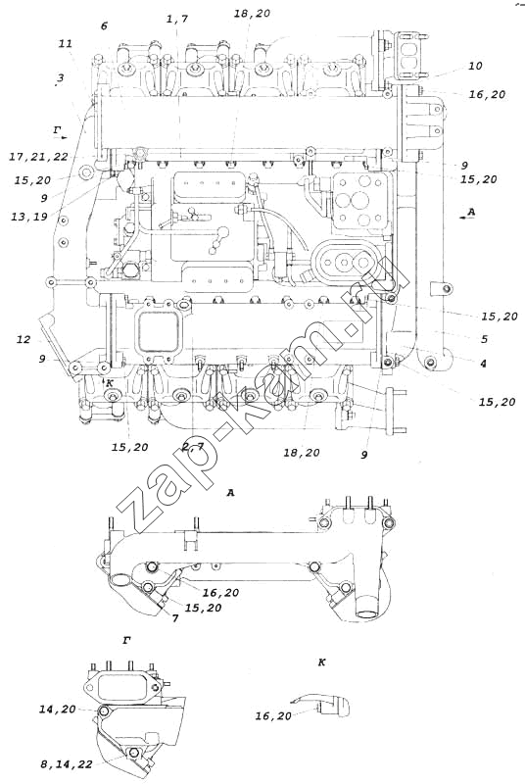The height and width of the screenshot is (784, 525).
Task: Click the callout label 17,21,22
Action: (38, 157)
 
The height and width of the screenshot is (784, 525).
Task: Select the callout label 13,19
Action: (30, 217)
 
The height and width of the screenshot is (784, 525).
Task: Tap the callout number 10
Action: (475, 66)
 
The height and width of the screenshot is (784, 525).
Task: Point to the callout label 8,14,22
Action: (67, 764)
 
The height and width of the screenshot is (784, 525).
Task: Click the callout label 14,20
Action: (58, 710)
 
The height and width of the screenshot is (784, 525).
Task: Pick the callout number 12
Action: (23, 339)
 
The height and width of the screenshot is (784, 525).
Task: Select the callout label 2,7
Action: (192, 447)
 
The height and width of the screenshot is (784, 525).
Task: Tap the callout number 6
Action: (104, 25)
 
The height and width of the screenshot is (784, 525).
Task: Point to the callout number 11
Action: (66, 43)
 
